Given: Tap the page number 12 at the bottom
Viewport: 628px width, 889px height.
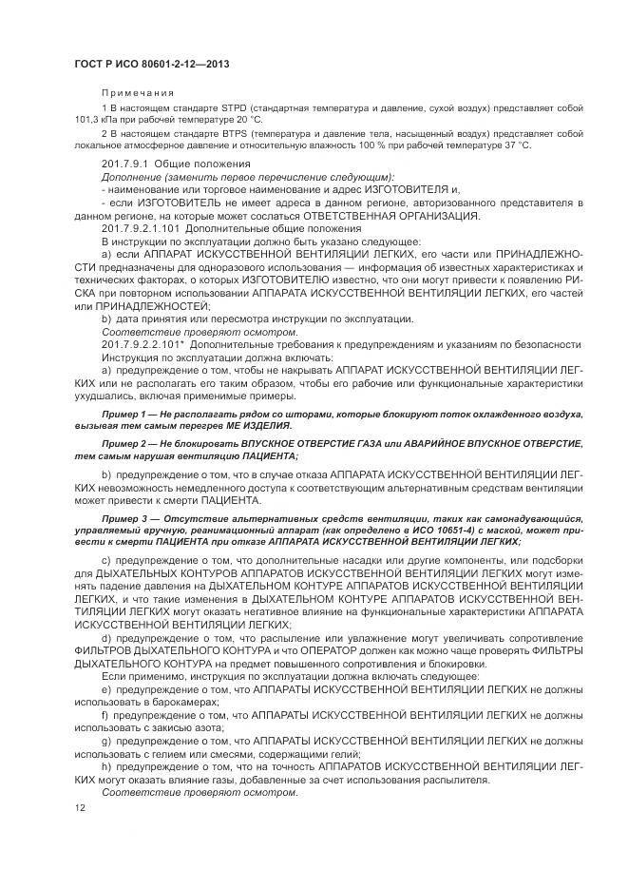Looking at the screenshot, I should coord(81,807).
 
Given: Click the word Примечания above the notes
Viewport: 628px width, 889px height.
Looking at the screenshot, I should coord(138,93).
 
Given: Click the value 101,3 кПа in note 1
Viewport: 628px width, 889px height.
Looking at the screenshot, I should coord(95,121).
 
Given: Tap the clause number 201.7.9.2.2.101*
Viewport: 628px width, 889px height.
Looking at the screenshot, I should coord(143,342).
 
